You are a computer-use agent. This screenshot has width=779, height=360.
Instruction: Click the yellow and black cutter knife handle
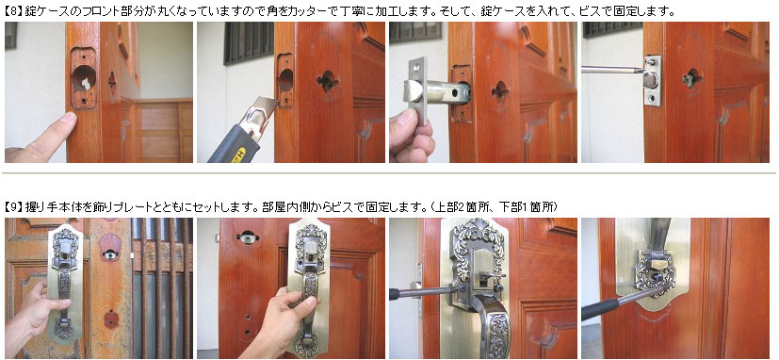[x=235, y=144]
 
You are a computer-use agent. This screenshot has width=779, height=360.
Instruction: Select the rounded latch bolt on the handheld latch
[x=413, y=92]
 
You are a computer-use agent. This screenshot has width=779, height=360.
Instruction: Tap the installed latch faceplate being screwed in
[x=653, y=80]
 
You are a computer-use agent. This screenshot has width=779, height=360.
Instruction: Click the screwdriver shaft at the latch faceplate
[x=612, y=70]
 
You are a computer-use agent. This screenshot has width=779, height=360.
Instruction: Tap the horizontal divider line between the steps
[x=390, y=173]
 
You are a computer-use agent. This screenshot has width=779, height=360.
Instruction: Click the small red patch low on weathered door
[x=111, y=319]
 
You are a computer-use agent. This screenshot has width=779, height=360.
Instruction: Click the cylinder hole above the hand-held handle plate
[x=247, y=238]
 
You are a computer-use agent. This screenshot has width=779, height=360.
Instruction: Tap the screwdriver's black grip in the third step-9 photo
[x=396, y=294]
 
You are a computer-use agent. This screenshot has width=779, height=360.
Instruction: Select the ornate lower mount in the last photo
[x=656, y=272]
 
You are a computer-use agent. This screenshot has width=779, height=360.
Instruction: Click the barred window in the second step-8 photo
[x=249, y=41]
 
